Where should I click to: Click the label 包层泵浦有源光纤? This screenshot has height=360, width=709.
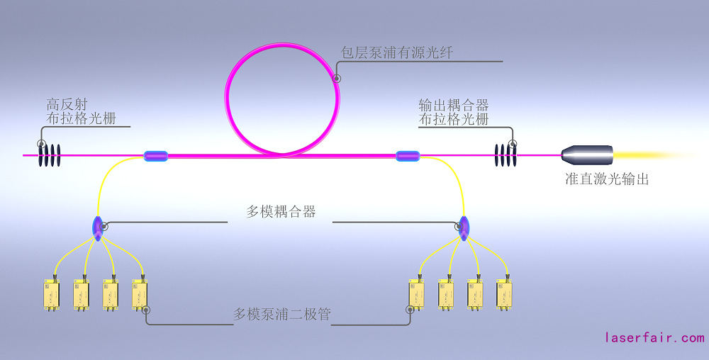point(396,52)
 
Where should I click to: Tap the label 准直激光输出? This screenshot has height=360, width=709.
point(607,179)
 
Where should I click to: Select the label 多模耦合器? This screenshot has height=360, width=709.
point(281,211)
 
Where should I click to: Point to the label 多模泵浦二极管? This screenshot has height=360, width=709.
point(282,314)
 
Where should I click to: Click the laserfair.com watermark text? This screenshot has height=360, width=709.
point(654,338)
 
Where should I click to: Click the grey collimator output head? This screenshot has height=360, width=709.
point(587,155)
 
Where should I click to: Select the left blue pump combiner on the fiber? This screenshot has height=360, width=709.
point(156,157)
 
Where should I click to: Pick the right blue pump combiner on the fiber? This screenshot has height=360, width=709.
point(408,157)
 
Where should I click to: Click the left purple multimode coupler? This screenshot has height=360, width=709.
point(98,228)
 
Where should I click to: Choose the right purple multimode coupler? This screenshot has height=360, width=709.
point(464,228)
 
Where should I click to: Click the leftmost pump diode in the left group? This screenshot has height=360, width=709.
point(52,295)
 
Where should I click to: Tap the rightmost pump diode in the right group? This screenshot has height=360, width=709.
point(504,295)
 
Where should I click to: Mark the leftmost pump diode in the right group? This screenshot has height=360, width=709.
point(416,295)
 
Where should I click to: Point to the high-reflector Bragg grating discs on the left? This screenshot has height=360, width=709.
point(50,155)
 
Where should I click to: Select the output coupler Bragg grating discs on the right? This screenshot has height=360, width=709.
point(506,155)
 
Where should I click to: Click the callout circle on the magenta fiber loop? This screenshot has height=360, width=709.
point(337,79)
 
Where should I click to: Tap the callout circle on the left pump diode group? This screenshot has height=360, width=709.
point(146,310)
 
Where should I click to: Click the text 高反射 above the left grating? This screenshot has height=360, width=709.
point(67,105)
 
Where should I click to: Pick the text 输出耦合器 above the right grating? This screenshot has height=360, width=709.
point(454,106)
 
